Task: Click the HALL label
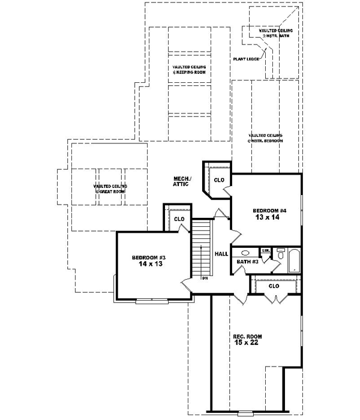[x=221, y=254]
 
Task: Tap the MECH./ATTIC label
[x=182, y=181]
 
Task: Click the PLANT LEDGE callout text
[x=246, y=59]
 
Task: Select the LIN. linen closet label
[x=266, y=250]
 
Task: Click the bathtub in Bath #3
[x=294, y=260]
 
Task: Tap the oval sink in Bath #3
[x=245, y=253]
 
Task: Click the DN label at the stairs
[x=205, y=278]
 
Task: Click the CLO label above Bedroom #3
[x=179, y=219]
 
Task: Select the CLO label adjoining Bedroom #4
[x=219, y=179]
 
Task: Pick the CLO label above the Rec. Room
[x=274, y=286]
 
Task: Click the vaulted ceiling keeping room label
[x=190, y=70]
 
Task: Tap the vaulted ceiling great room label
[x=110, y=189]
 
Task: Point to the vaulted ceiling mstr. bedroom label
[x=265, y=138]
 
